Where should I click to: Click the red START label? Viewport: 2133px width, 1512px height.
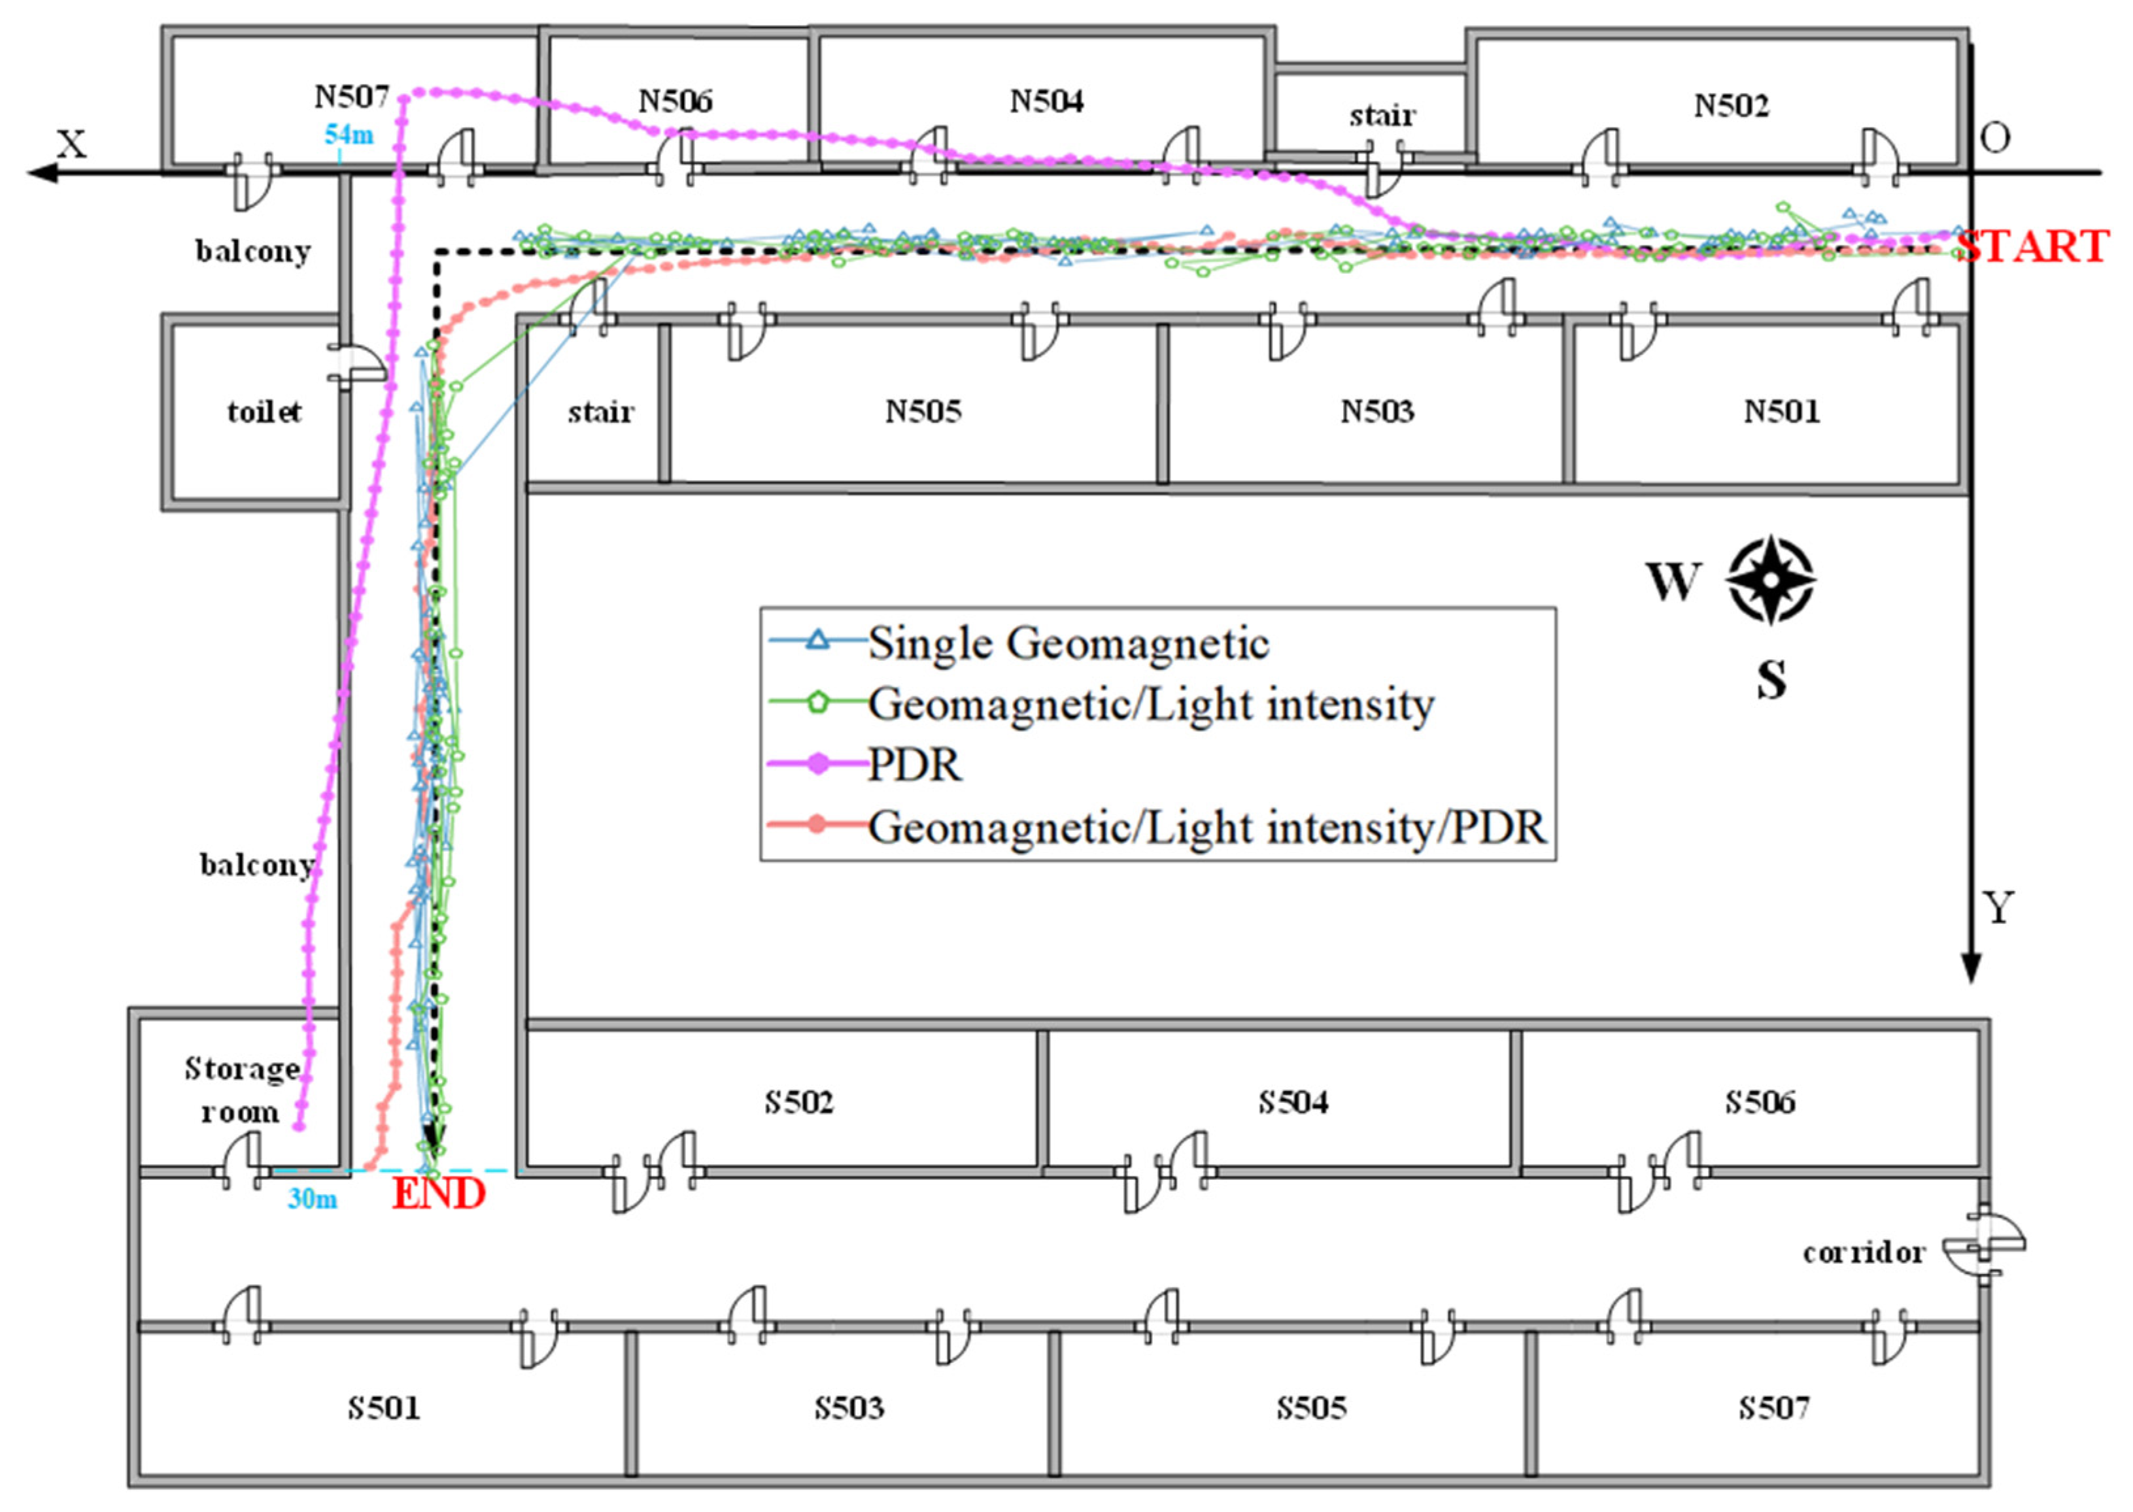click(x=2032, y=246)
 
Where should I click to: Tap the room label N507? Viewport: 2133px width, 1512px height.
click(x=351, y=96)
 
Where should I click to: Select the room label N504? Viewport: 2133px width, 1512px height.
click(x=1046, y=101)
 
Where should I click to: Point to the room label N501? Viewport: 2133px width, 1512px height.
click(x=1781, y=411)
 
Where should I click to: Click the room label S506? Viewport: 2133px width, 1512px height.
click(x=1759, y=1102)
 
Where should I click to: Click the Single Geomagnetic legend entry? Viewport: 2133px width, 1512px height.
click(x=1068, y=643)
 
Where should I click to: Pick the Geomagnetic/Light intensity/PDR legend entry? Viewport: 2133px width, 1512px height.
click(x=1206, y=827)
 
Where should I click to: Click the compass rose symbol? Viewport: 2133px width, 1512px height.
click(x=1770, y=580)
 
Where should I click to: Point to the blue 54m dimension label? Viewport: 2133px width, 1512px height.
click(x=349, y=135)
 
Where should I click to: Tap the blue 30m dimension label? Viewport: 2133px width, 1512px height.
click(x=312, y=1199)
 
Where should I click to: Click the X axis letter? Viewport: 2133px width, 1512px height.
click(x=72, y=144)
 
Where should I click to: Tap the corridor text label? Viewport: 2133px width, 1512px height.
click(x=1863, y=1253)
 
